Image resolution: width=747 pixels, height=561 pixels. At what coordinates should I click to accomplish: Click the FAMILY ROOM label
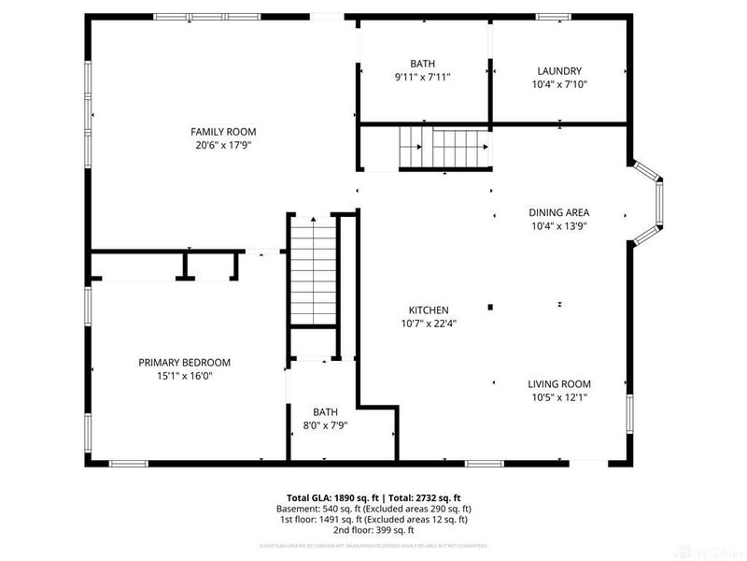tap(223, 132)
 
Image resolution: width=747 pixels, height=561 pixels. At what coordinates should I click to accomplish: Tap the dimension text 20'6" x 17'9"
tap(223, 145)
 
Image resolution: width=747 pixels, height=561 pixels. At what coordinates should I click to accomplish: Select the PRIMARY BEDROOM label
tap(184, 363)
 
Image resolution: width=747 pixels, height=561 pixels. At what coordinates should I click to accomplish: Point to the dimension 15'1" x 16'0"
tap(184, 376)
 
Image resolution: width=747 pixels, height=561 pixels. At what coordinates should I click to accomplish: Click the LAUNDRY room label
tap(559, 70)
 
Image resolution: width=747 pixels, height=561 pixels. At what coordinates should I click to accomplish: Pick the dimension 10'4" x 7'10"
tap(559, 83)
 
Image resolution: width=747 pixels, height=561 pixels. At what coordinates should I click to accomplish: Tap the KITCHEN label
tap(429, 310)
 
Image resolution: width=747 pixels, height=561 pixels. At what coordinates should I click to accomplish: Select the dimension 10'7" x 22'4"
tap(429, 324)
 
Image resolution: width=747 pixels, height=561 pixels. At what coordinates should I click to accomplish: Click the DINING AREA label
tap(558, 212)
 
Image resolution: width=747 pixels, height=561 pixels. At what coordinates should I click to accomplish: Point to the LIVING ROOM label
tap(558, 384)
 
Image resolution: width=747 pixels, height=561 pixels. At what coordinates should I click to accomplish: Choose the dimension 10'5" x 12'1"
tap(558, 397)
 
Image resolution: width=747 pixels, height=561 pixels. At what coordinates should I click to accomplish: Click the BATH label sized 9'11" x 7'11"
tap(422, 64)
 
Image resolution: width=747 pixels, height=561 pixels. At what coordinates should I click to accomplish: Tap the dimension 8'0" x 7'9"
tap(325, 424)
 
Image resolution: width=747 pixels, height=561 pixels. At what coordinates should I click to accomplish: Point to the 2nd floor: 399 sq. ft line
tap(373, 530)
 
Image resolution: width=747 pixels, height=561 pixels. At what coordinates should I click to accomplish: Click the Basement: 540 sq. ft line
tap(373, 509)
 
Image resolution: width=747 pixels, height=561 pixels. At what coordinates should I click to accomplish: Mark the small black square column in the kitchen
tap(490, 306)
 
